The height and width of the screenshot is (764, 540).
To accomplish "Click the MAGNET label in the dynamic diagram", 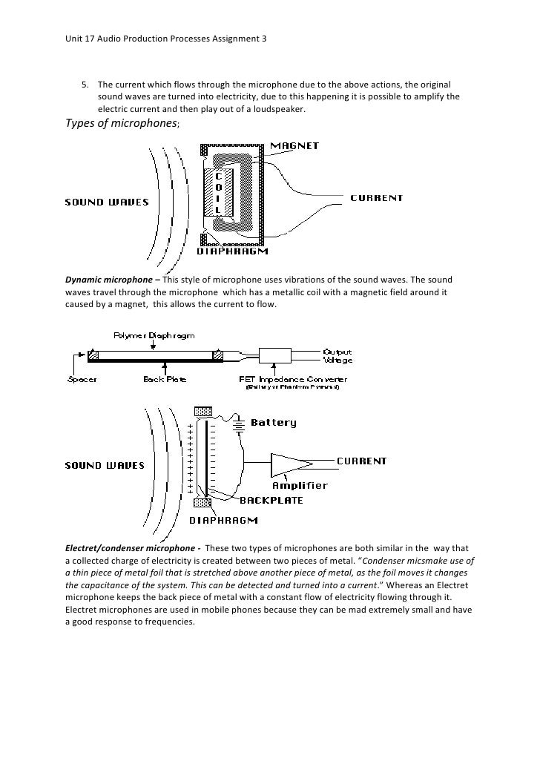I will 294,146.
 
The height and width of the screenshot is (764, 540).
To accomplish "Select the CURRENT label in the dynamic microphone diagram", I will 376,198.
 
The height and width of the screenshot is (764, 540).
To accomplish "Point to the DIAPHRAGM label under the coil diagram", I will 231,251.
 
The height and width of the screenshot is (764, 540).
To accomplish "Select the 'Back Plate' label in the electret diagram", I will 165,379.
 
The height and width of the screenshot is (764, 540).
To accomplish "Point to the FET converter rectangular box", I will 276,355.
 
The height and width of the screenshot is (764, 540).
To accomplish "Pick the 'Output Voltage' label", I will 337,356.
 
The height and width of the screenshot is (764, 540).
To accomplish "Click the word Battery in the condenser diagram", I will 274,423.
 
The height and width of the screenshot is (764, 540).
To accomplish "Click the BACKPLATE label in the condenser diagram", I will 271,501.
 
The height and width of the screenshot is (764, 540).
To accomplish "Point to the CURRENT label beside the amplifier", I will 362,461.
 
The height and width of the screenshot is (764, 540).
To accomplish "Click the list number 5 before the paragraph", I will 84,84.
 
